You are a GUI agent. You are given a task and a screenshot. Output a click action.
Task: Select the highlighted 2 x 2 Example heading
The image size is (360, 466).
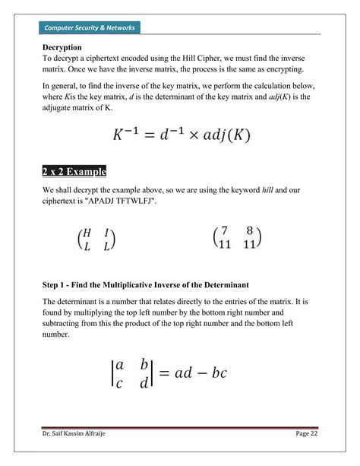click(x=74, y=170)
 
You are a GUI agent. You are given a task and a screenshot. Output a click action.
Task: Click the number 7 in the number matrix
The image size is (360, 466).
click(x=225, y=233)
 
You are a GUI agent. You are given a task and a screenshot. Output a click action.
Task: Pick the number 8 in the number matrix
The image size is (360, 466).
click(x=248, y=233)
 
